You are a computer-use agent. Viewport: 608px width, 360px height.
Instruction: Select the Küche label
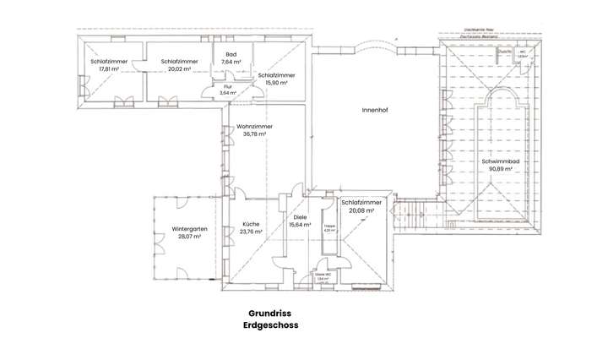[x=251, y=223]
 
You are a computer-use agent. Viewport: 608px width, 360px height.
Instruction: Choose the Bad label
[x=231, y=54]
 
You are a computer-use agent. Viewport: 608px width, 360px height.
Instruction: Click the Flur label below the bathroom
[x=227, y=86]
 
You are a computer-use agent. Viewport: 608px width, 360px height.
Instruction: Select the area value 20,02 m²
[x=180, y=69]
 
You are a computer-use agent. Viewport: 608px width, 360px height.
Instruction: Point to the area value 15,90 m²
[x=275, y=83]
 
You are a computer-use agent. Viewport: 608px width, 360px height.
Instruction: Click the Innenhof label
[x=374, y=110]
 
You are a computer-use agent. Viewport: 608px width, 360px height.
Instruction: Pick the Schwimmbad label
[x=500, y=161]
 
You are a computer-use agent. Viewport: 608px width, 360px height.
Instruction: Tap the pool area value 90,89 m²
[x=500, y=169]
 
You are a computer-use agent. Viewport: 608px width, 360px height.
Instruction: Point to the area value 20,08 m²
[x=361, y=211]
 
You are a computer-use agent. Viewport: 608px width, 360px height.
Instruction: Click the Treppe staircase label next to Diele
[x=329, y=226]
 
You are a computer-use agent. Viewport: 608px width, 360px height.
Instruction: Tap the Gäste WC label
[x=323, y=275]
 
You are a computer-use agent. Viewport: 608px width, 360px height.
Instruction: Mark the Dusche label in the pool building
[x=505, y=52]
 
